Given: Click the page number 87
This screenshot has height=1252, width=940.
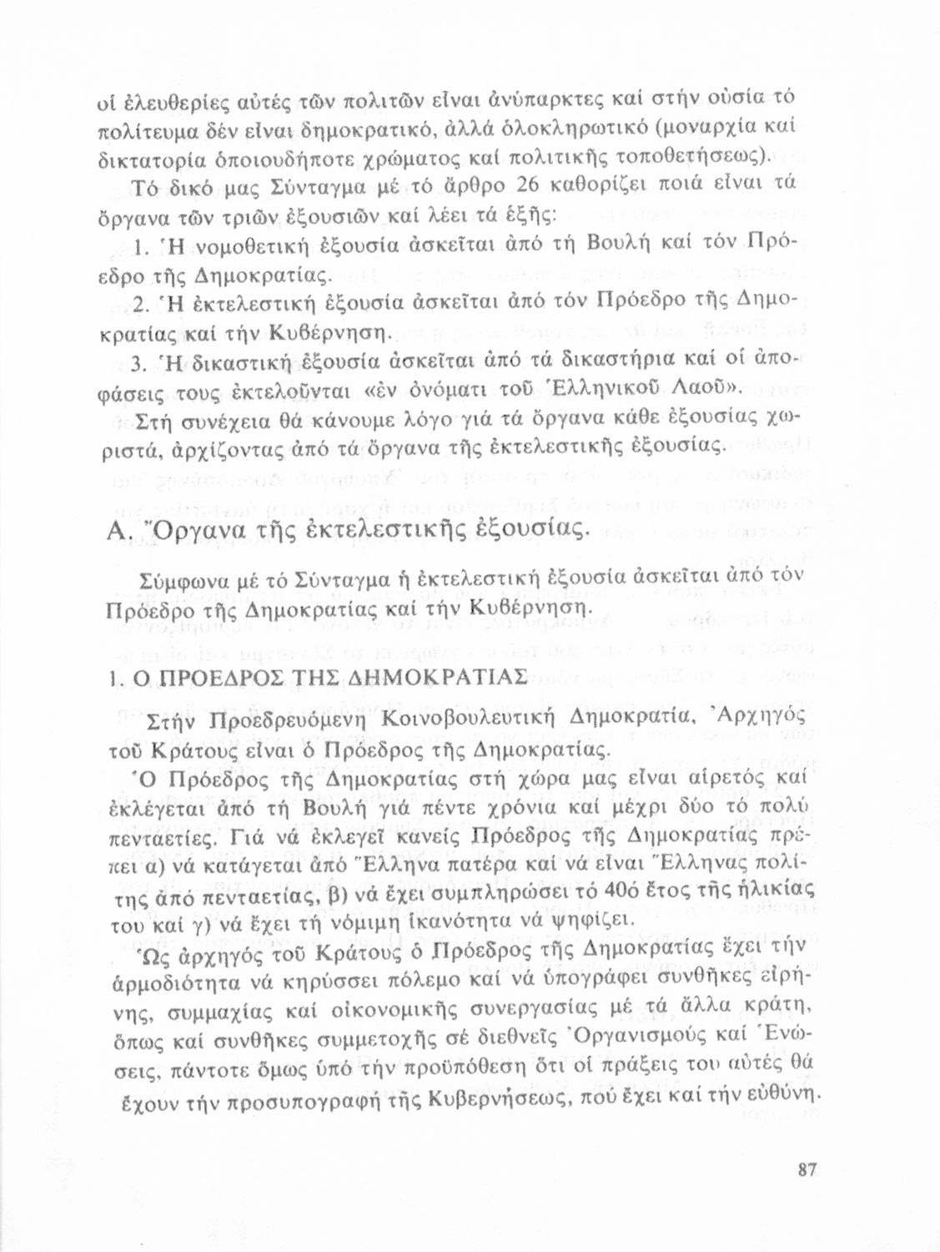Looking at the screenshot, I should [806, 1170].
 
